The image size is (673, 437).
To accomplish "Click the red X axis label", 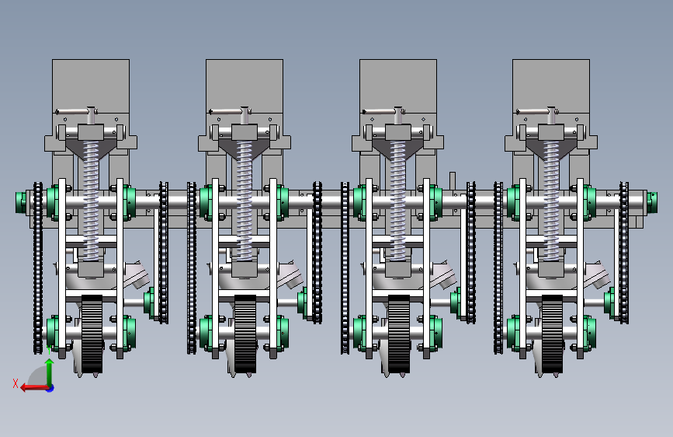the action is coord(16,383).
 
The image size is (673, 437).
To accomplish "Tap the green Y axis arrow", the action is coord(50,372).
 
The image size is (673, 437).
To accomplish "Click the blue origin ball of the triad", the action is coord(50,388).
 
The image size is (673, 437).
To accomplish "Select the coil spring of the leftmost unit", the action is coord(91,200).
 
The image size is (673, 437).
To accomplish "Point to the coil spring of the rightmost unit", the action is coord(551,200).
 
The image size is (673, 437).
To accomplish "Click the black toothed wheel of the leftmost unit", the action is coord(92,334).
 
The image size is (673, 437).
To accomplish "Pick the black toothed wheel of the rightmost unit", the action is coord(552,334).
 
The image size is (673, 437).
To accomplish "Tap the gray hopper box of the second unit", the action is coord(245,86).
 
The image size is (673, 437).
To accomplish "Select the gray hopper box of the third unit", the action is coord(398,86).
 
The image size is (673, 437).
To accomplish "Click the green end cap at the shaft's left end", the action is coord(20,203).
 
